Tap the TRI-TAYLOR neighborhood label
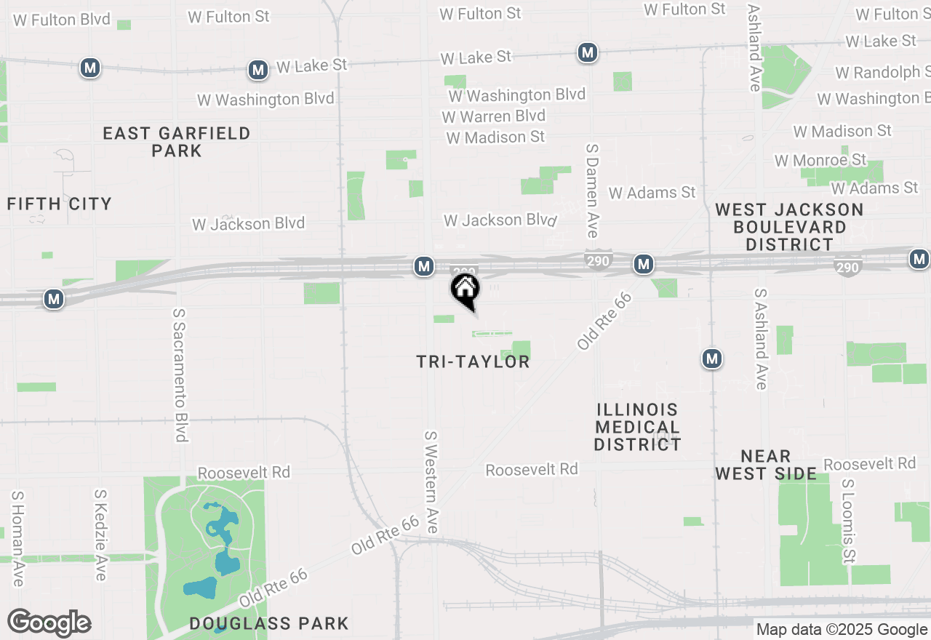474,361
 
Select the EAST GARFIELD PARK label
177,142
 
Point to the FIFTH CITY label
60,204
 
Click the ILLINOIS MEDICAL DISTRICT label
637,427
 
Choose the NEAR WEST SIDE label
766,465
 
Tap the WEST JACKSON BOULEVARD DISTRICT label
789,227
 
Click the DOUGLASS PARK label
269,623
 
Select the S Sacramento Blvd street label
180,375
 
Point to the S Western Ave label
431,481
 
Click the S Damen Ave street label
592,190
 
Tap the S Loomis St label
848,521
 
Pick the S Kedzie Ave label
100,535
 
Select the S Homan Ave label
17,538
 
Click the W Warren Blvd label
493,116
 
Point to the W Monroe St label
820,160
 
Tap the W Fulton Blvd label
62,19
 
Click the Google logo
49,623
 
